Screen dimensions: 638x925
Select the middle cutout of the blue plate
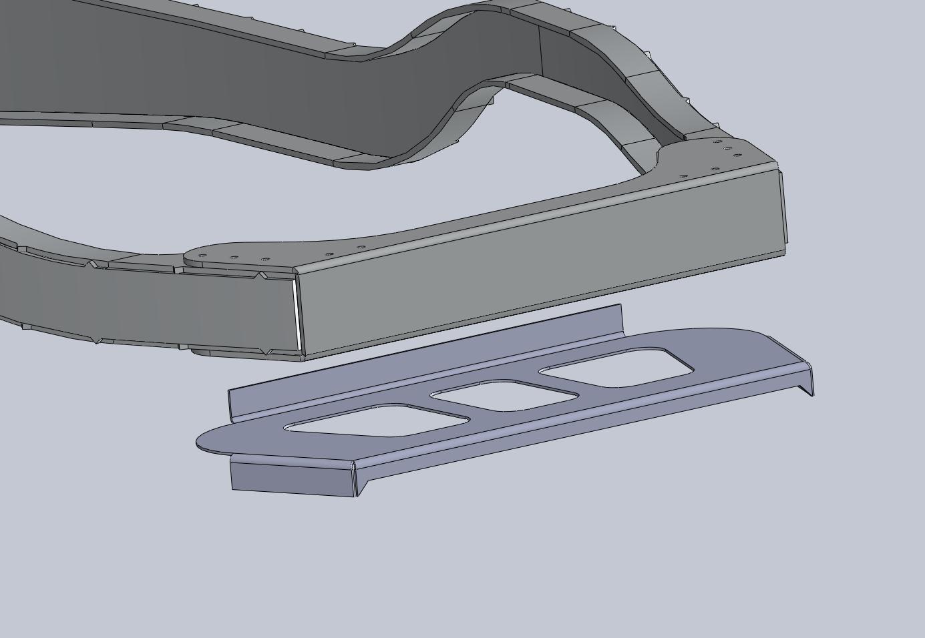[x=505, y=396]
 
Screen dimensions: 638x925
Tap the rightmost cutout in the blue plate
[x=618, y=368]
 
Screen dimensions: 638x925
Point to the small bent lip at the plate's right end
[x=805, y=380]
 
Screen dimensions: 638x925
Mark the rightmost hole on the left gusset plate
[x=361, y=248]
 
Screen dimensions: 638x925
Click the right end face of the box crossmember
[x=783, y=207]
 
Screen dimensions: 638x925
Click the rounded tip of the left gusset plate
[x=190, y=256]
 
